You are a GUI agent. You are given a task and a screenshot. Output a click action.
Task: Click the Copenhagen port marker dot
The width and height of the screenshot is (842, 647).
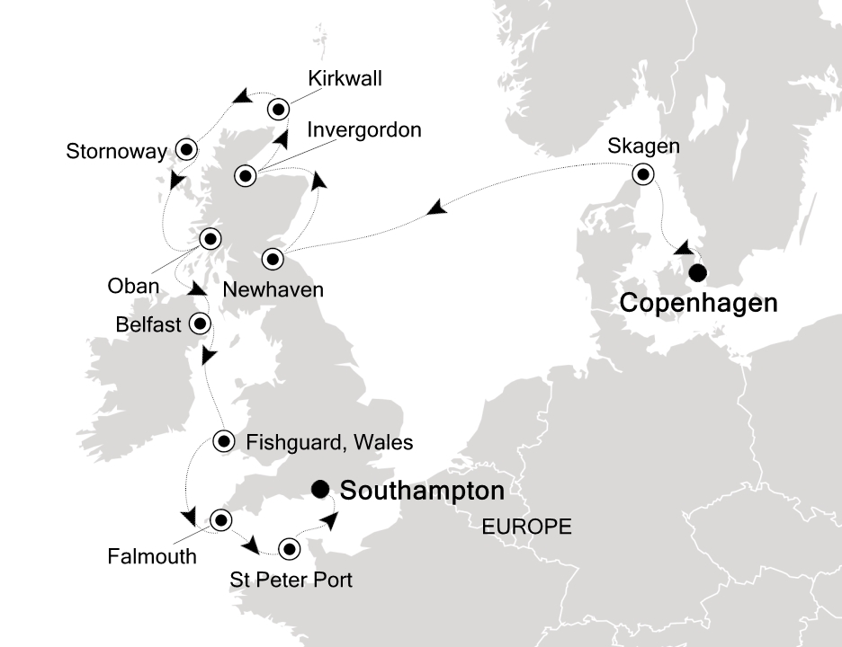tap(696, 274)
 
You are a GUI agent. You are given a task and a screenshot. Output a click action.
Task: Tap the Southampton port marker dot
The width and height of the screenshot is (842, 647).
tap(319, 489)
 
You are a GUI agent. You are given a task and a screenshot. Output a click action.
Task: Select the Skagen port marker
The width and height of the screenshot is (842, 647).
tap(643, 175)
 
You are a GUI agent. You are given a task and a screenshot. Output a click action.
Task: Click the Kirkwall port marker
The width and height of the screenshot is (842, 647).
tap(278, 109)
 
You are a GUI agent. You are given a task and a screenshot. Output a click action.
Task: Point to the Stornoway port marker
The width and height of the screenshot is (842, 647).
tap(186, 149)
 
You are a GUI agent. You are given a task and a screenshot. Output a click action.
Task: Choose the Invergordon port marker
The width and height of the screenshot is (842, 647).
tap(246, 176)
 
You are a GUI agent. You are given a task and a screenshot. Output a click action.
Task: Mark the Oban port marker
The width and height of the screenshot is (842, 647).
tap(210, 239)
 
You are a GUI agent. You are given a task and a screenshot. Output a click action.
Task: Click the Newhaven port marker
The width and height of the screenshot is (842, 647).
tap(273, 260)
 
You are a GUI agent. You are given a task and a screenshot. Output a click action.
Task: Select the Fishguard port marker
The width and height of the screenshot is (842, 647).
tap(225, 440)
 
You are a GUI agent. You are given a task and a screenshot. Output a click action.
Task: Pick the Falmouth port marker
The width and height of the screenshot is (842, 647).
tap(220, 519)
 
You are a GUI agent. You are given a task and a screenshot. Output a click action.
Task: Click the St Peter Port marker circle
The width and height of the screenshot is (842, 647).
tap(289, 548)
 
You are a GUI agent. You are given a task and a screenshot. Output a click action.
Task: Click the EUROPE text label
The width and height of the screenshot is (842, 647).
tap(526, 527)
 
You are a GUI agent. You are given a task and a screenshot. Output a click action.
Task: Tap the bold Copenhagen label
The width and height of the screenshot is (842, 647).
tap(698, 304)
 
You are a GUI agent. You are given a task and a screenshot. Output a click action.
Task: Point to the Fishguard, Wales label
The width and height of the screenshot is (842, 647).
tap(329, 442)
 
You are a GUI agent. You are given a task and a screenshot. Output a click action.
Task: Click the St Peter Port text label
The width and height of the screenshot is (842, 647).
tap(291, 580)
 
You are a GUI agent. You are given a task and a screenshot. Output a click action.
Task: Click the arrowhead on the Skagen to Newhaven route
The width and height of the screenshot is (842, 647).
tap(436, 209)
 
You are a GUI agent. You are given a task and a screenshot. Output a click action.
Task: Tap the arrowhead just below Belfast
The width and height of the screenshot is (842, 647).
tap(209, 357)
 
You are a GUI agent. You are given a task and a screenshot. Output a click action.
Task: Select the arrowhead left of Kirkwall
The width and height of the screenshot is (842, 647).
tap(240, 96)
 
